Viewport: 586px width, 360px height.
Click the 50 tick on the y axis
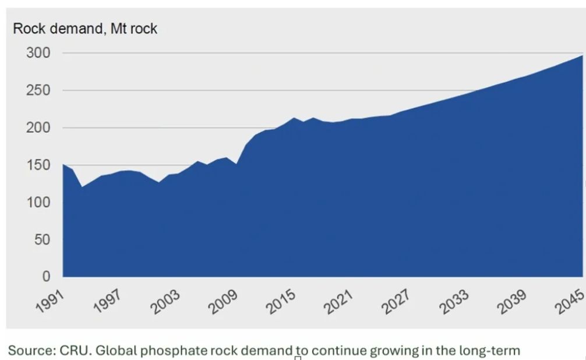[x=41, y=240]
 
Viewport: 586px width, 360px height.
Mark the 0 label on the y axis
[x=46, y=277]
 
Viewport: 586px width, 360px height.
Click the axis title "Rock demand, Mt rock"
[x=85, y=29]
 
